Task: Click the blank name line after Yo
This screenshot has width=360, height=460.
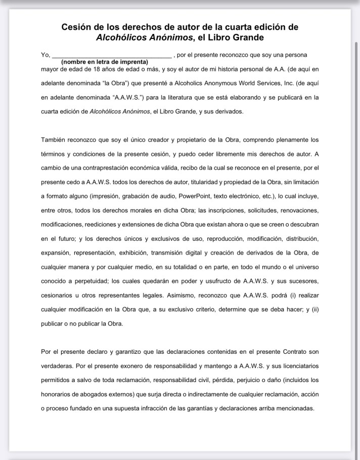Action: click(112, 54)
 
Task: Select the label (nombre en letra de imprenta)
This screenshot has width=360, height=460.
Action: click(104, 61)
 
